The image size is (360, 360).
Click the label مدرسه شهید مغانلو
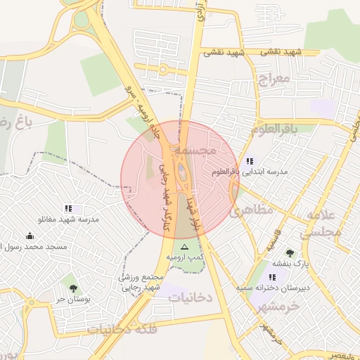[x=68, y=219]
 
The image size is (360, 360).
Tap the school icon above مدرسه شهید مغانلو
[x=68, y=209]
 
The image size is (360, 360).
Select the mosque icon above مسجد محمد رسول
[x=29, y=236]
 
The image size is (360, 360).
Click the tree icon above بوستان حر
[x=73, y=288]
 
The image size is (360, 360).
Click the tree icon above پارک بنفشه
[x=290, y=253]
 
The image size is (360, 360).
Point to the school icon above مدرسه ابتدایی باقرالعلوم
[x=250, y=161]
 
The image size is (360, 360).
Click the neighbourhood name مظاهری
[x=252, y=209]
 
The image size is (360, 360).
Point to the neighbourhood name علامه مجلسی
[x=321, y=224]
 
